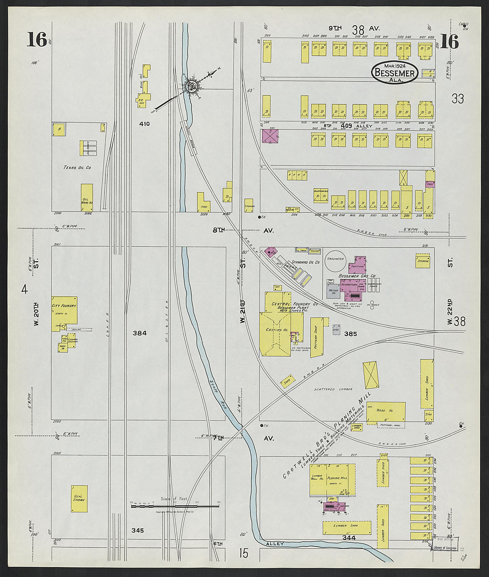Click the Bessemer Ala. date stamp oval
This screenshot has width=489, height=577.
[x=395, y=72]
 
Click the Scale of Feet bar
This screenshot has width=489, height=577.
[x=175, y=506]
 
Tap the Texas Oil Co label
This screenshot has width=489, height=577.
[x=77, y=167]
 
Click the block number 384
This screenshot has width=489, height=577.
[x=139, y=333]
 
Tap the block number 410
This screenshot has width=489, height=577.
[x=144, y=124]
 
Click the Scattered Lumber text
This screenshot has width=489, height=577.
[x=333, y=389]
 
